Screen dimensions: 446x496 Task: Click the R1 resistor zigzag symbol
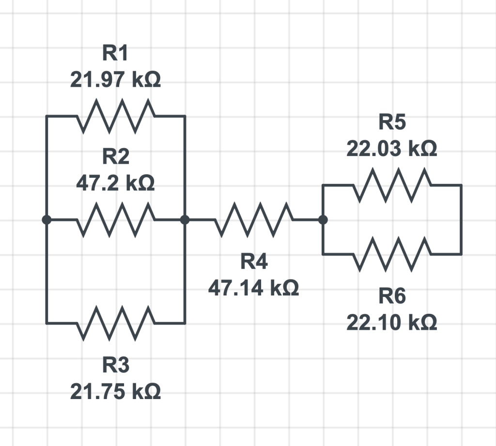[x=115, y=116]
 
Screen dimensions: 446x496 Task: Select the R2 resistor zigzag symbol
[x=115, y=220]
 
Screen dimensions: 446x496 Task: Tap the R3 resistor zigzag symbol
[x=115, y=323]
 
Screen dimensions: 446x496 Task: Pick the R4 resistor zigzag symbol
[x=253, y=220]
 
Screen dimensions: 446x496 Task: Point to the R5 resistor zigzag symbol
[x=392, y=185]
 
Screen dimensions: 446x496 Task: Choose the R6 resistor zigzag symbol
[x=392, y=254]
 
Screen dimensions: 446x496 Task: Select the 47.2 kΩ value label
[x=115, y=184]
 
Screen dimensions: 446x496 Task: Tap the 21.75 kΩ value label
[x=115, y=391]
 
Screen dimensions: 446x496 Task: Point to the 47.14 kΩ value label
[x=253, y=289]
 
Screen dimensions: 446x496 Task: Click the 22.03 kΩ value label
[x=392, y=149]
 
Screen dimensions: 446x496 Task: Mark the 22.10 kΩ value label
[x=392, y=322]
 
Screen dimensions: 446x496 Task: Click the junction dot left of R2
[x=46, y=220]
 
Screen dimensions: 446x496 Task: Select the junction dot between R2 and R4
[x=185, y=220]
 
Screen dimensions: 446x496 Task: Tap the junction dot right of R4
[x=323, y=220]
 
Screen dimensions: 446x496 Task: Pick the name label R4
[x=254, y=262]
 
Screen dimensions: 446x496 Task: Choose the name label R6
[x=392, y=296]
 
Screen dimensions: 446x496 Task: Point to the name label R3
[x=115, y=365]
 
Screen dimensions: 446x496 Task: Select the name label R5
[x=392, y=123]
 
